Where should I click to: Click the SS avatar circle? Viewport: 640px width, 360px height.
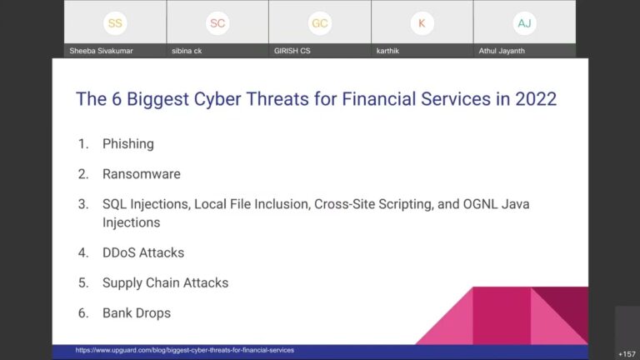tap(115, 23)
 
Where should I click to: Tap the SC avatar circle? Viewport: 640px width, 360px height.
tap(217, 23)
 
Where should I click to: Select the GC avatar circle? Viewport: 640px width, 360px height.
tap(319, 23)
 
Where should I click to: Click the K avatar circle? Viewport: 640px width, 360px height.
tap(422, 23)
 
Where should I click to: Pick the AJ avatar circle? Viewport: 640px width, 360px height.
tap(524, 23)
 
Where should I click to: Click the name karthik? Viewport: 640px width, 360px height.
tap(388, 51)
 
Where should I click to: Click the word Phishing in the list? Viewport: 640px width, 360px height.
tap(127, 144)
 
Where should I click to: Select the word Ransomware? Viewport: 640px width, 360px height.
tap(141, 174)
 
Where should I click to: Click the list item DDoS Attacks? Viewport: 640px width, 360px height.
tap(142, 252)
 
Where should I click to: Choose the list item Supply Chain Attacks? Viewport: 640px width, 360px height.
tap(165, 282)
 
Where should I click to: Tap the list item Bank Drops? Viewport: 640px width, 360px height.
tap(136, 313)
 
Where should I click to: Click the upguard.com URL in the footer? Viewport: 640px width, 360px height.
tap(184, 350)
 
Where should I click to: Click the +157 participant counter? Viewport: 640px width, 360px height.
tap(627, 353)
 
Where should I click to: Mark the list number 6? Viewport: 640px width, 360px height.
tap(82, 313)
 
